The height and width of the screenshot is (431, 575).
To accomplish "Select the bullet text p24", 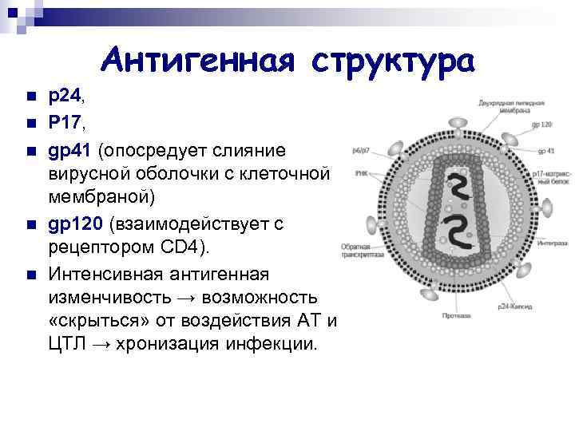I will click(x=64, y=96).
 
